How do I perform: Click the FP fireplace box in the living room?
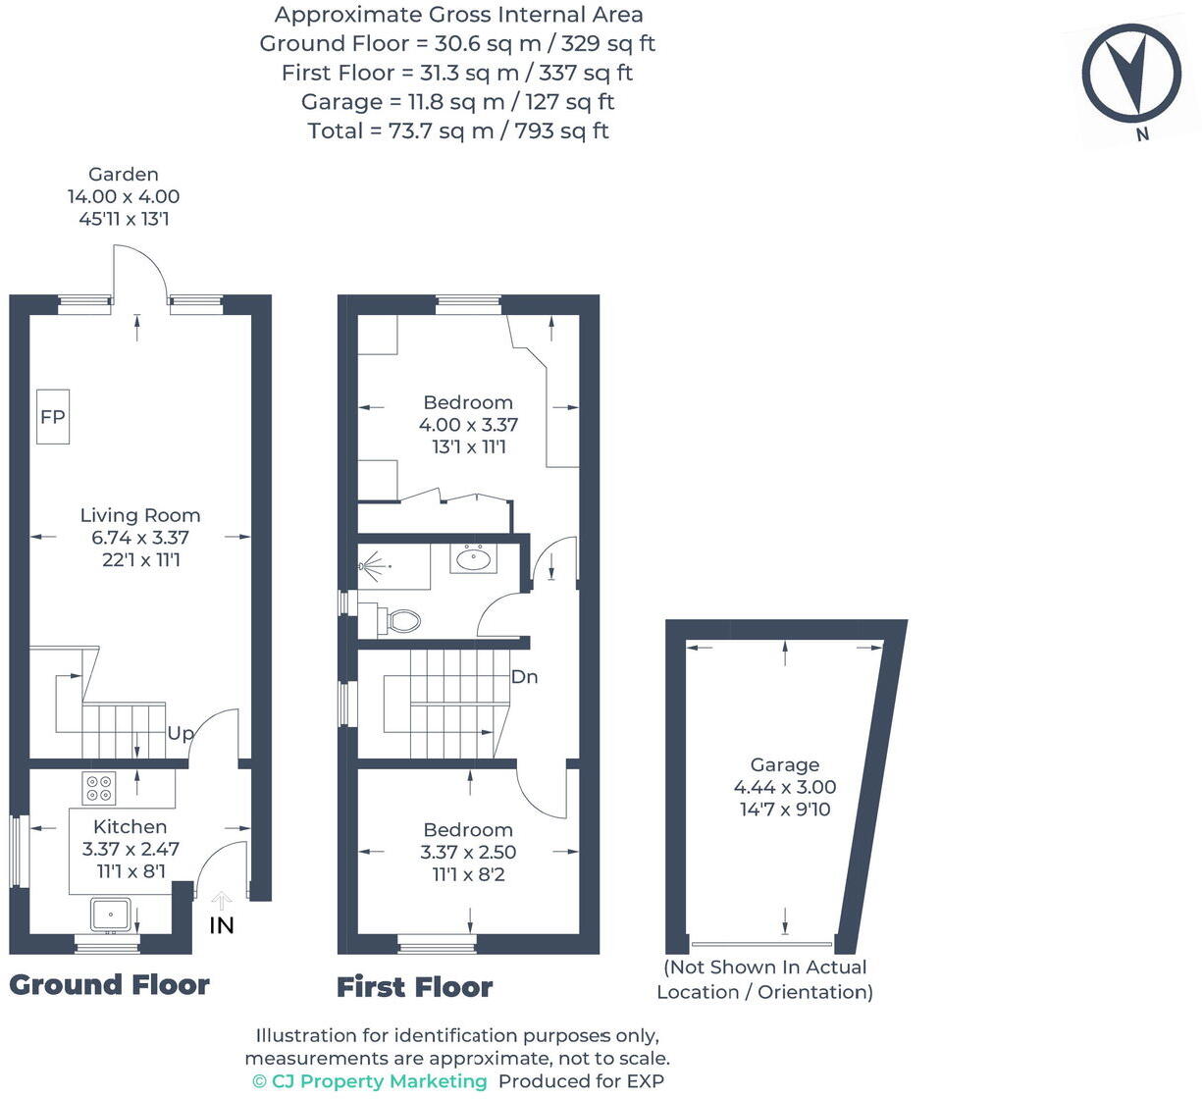click(53, 417)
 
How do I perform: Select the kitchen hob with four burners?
click(99, 787)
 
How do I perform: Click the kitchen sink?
click(111, 914)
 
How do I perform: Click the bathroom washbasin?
click(474, 559)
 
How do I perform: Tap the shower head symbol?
click(370, 566)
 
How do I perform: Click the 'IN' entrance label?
click(222, 924)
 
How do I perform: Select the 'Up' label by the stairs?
click(181, 733)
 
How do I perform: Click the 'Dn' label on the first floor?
click(525, 677)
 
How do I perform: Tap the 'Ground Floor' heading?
click(109, 985)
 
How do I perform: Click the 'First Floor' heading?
click(414, 987)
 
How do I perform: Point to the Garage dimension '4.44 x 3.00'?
click(784, 787)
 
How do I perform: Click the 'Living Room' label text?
click(140, 515)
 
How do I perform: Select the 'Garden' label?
click(124, 175)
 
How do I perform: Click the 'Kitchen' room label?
click(130, 826)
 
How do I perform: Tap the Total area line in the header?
click(457, 131)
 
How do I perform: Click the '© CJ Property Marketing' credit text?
click(370, 1081)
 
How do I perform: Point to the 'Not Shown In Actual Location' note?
click(764, 979)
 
